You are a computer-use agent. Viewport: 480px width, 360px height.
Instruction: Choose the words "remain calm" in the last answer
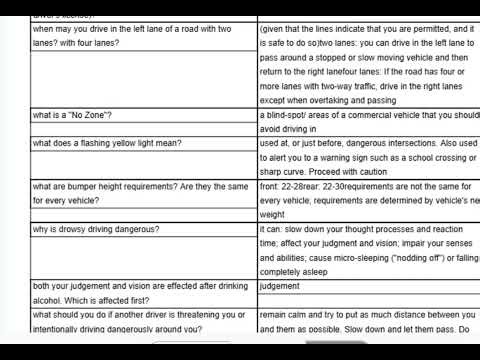pyautogui.click(x=284, y=315)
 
